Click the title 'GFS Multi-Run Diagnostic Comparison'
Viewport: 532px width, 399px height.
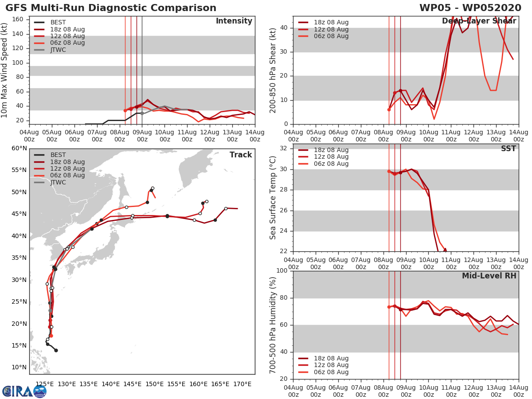point(111,8)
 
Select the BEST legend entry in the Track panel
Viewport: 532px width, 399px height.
point(58,155)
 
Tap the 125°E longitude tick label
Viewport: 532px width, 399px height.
point(45,384)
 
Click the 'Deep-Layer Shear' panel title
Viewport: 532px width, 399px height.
point(479,21)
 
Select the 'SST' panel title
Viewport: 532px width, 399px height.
point(508,149)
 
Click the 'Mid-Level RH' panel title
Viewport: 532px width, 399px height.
point(489,276)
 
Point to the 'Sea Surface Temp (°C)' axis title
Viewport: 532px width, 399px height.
point(273,198)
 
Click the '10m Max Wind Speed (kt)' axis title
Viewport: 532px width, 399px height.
point(5,70)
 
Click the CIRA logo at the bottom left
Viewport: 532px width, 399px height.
point(24,391)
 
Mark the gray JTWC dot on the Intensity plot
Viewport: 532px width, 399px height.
point(142,113)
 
